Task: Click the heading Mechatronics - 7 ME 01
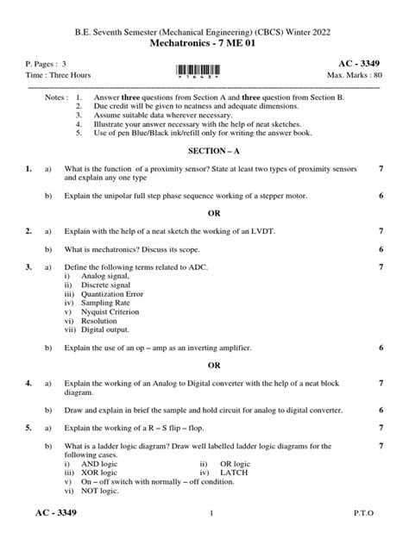(204, 42)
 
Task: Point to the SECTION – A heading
(204, 150)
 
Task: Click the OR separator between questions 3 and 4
(204, 365)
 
